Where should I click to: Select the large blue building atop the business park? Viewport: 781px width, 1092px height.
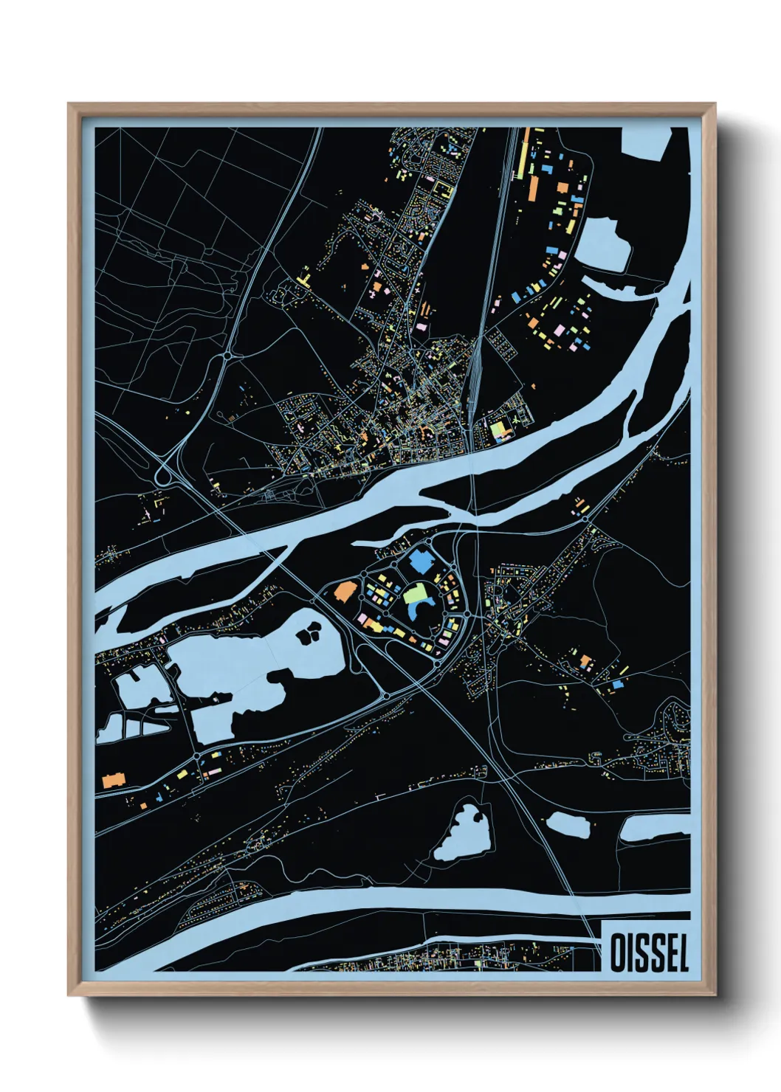[x=422, y=561]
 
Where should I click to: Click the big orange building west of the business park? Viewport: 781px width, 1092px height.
[x=345, y=591]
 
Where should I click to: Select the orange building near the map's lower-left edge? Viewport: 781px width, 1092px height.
[x=112, y=779]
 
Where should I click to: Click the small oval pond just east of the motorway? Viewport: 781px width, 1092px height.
[x=568, y=824]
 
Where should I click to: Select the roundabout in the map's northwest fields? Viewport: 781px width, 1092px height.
[x=230, y=356]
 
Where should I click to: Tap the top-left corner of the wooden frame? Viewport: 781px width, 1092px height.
[x=69, y=104]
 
